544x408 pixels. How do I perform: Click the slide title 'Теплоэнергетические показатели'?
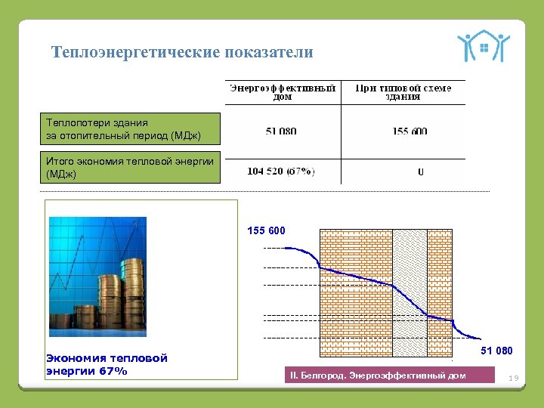pos(181,52)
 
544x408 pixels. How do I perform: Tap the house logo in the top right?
pos(483,46)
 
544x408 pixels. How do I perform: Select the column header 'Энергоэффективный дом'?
pos(282,92)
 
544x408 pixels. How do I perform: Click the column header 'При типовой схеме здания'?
pos(403,92)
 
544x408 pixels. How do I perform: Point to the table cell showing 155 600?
pos(410,131)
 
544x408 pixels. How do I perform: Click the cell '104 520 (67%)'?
pos(281,171)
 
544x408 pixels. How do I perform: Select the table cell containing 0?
pos(421,172)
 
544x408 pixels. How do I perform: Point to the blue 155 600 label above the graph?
pos(267,230)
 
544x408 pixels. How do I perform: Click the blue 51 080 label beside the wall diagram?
pos(496,351)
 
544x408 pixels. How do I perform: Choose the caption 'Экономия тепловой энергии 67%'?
pos(107,364)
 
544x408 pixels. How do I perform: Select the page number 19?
pos(514,377)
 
